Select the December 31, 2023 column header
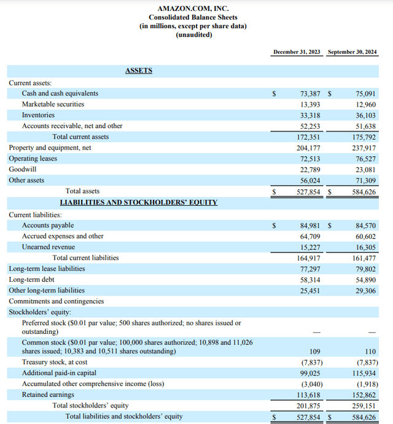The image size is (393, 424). [x=297, y=52]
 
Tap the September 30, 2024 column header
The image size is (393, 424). [x=353, y=52]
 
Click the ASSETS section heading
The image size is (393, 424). [x=138, y=70]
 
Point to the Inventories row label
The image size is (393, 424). [x=38, y=115]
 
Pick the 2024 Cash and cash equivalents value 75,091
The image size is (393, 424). [x=366, y=94]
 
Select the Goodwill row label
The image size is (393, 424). [x=23, y=169]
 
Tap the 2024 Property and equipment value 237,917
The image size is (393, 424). [x=364, y=148]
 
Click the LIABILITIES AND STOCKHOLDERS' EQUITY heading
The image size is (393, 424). [x=138, y=202]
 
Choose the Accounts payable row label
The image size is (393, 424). [x=48, y=225]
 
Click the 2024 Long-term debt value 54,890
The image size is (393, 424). [x=366, y=279]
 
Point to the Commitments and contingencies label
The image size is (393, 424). [x=56, y=301]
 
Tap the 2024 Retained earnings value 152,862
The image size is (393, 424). [x=364, y=395]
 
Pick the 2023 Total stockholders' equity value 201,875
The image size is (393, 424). [x=309, y=406]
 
